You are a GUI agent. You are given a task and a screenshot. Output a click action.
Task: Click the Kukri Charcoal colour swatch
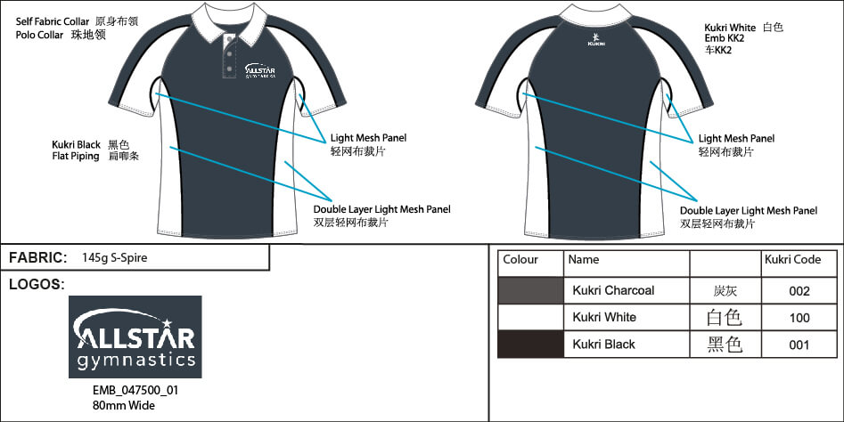530,290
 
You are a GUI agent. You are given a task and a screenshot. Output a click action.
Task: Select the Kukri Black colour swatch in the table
530,344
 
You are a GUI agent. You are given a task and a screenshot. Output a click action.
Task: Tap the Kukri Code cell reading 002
799,290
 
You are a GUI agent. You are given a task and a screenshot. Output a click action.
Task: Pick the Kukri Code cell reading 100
799,317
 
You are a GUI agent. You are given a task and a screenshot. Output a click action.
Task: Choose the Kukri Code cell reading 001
799,344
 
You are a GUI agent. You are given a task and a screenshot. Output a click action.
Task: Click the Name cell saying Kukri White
603,317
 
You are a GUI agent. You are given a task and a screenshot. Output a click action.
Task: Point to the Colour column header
520,260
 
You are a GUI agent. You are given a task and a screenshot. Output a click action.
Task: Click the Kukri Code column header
792,260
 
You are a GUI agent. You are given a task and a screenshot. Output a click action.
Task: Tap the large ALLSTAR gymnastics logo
135,337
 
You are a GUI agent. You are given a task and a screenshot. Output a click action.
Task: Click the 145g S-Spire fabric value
114,258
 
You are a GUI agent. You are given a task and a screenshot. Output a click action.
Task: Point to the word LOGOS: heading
37,284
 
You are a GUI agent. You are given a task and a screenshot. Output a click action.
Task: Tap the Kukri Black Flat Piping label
77,150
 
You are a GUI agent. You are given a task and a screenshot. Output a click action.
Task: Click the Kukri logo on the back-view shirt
596,39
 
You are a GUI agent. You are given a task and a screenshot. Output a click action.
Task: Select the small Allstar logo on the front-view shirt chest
258,70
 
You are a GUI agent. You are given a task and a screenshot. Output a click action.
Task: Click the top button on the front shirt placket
229,41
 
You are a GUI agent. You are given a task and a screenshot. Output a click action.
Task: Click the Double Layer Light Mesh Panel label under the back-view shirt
749,211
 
